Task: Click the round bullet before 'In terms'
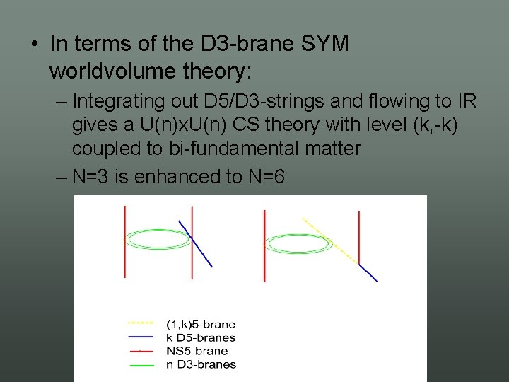tap(35, 44)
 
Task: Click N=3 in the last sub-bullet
tap(93, 176)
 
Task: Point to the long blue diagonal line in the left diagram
tap(197, 244)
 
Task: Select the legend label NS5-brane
tap(197, 351)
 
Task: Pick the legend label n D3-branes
tap(201, 364)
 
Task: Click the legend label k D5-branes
tap(200, 337)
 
